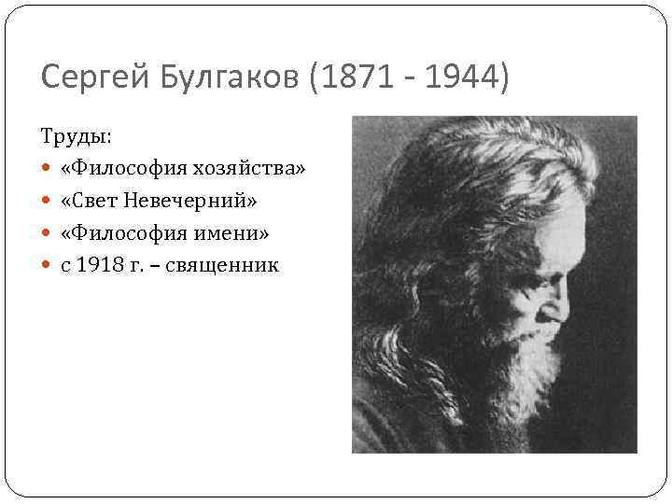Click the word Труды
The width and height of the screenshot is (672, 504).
tap(76, 136)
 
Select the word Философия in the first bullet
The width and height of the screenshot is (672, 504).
tap(127, 169)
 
